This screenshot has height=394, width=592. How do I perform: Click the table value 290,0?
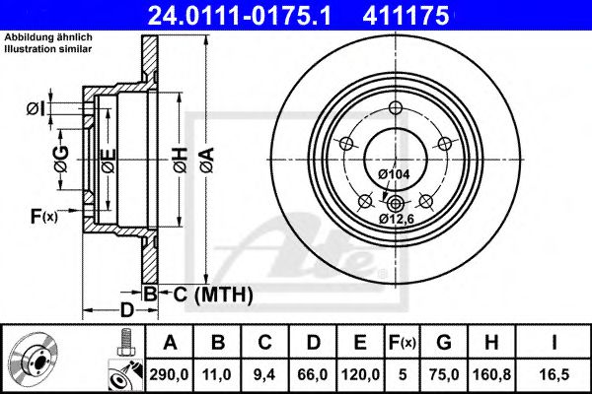click(x=170, y=374)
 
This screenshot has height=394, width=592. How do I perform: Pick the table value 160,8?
click(x=490, y=374)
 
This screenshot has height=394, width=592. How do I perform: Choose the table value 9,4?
click(x=264, y=374)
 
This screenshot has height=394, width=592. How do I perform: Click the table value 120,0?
click(x=359, y=374)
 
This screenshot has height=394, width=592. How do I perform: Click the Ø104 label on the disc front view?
click(x=394, y=174)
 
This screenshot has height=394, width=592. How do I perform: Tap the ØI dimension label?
click(x=34, y=107)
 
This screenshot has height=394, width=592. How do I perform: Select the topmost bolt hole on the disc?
click(x=397, y=109)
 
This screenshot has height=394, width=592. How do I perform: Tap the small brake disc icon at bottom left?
click(x=37, y=360)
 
